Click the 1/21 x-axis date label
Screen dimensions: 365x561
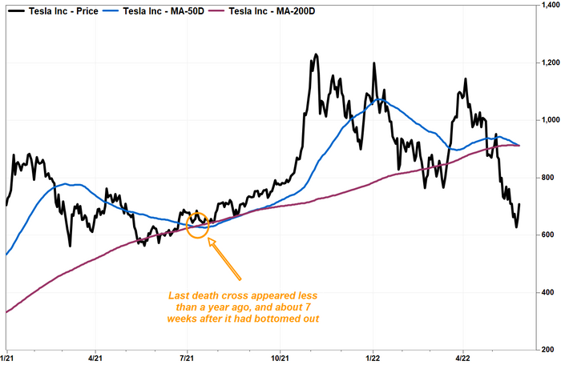click(x=8, y=358)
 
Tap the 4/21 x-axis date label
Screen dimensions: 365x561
click(x=95, y=358)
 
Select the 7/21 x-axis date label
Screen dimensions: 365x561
click(x=189, y=358)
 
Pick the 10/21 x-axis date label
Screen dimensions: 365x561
click(x=281, y=358)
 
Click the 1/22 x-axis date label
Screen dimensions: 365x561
click(x=373, y=358)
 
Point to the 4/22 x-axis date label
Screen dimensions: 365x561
click(x=463, y=358)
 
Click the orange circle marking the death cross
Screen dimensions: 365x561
click(x=197, y=225)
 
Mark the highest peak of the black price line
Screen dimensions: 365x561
click(x=316, y=55)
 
